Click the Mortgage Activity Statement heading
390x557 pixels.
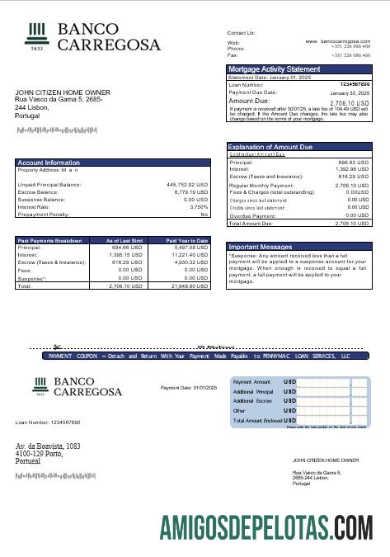pyautogui.click(x=275, y=69)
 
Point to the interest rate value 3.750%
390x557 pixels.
pyautogui.click(x=199, y=206)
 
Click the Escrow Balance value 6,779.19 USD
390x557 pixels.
pyautogui.click(x=192, y=191)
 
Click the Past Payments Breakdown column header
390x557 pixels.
pyautogui.click(x=50, y=240)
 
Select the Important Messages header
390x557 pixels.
pyautogui.click(x=261, y=246)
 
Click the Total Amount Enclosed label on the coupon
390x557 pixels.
pyautogui.click(x=257, y=421)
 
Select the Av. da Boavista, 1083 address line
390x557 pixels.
pyautogui.click(x=48, y=446)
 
